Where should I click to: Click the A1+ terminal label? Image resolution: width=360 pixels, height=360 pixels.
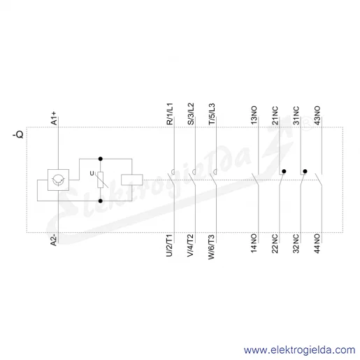54,118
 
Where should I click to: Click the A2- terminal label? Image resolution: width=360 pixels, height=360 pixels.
54,240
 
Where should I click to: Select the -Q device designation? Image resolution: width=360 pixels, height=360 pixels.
18,134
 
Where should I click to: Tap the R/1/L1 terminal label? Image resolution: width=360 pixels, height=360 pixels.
170,114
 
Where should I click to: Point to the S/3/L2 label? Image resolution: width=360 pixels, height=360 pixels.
191,114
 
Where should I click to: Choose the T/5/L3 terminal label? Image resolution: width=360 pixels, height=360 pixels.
212,114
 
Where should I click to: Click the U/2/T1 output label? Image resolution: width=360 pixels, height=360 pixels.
170,245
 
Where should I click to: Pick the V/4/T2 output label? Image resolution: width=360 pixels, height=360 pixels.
191,245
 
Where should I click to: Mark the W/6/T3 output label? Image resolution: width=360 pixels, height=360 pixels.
212,247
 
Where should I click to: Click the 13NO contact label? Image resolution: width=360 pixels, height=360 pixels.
254,115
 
